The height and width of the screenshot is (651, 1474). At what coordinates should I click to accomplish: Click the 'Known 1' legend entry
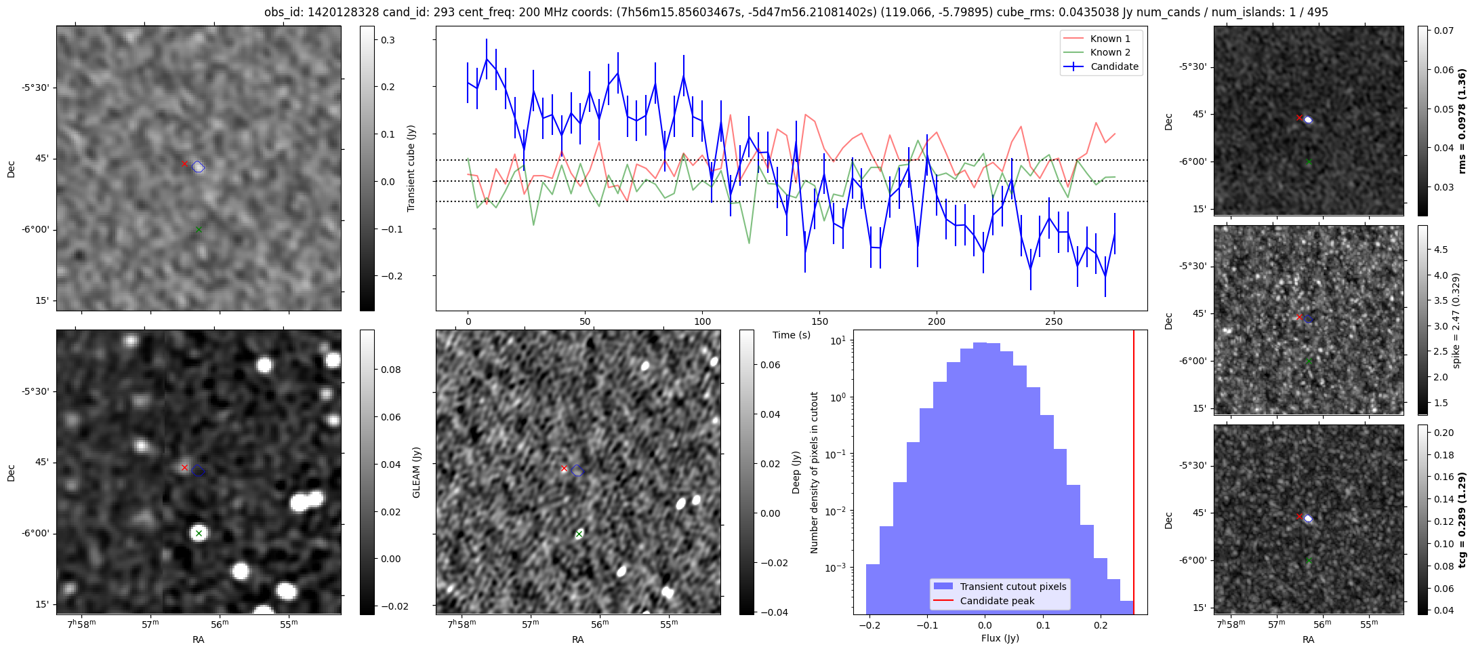click(x=1109, y=39)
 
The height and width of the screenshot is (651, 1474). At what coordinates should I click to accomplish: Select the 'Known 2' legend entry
click(x=1109, y=52)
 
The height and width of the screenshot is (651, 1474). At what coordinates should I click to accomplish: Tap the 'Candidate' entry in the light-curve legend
click(x=1114, y=66)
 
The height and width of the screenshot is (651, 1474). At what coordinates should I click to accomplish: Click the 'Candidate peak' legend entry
click(x=997, y=601)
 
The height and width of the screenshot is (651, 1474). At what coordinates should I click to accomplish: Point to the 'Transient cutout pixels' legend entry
click(x=1012, y=587)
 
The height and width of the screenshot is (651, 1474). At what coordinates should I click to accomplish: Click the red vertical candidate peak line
click(x=1134, y=475)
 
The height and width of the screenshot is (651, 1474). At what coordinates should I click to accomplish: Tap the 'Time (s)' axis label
click(x=791, y=335)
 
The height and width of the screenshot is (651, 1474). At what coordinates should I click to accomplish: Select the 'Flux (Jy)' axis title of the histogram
click(x=1000, y=638)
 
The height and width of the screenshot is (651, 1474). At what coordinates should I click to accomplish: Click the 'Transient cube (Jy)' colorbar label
click(x=411, y=168)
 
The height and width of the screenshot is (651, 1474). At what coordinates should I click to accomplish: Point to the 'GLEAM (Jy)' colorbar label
click(x=416, y=472)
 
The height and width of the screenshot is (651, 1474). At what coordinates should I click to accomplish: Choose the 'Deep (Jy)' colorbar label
click(x=796, y=472)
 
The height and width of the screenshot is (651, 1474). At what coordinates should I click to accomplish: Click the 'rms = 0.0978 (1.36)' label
click(x=1462, y=121)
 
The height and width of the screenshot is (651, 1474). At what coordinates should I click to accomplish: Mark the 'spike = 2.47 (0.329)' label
click(x=1455, y=320)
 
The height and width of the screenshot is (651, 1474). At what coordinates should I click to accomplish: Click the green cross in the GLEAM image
click(x=199, y=534)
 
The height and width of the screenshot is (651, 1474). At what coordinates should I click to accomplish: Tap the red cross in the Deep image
click(x=564, y=469)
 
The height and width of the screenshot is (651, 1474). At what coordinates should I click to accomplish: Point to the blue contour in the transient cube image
click(x=198, y=167)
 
